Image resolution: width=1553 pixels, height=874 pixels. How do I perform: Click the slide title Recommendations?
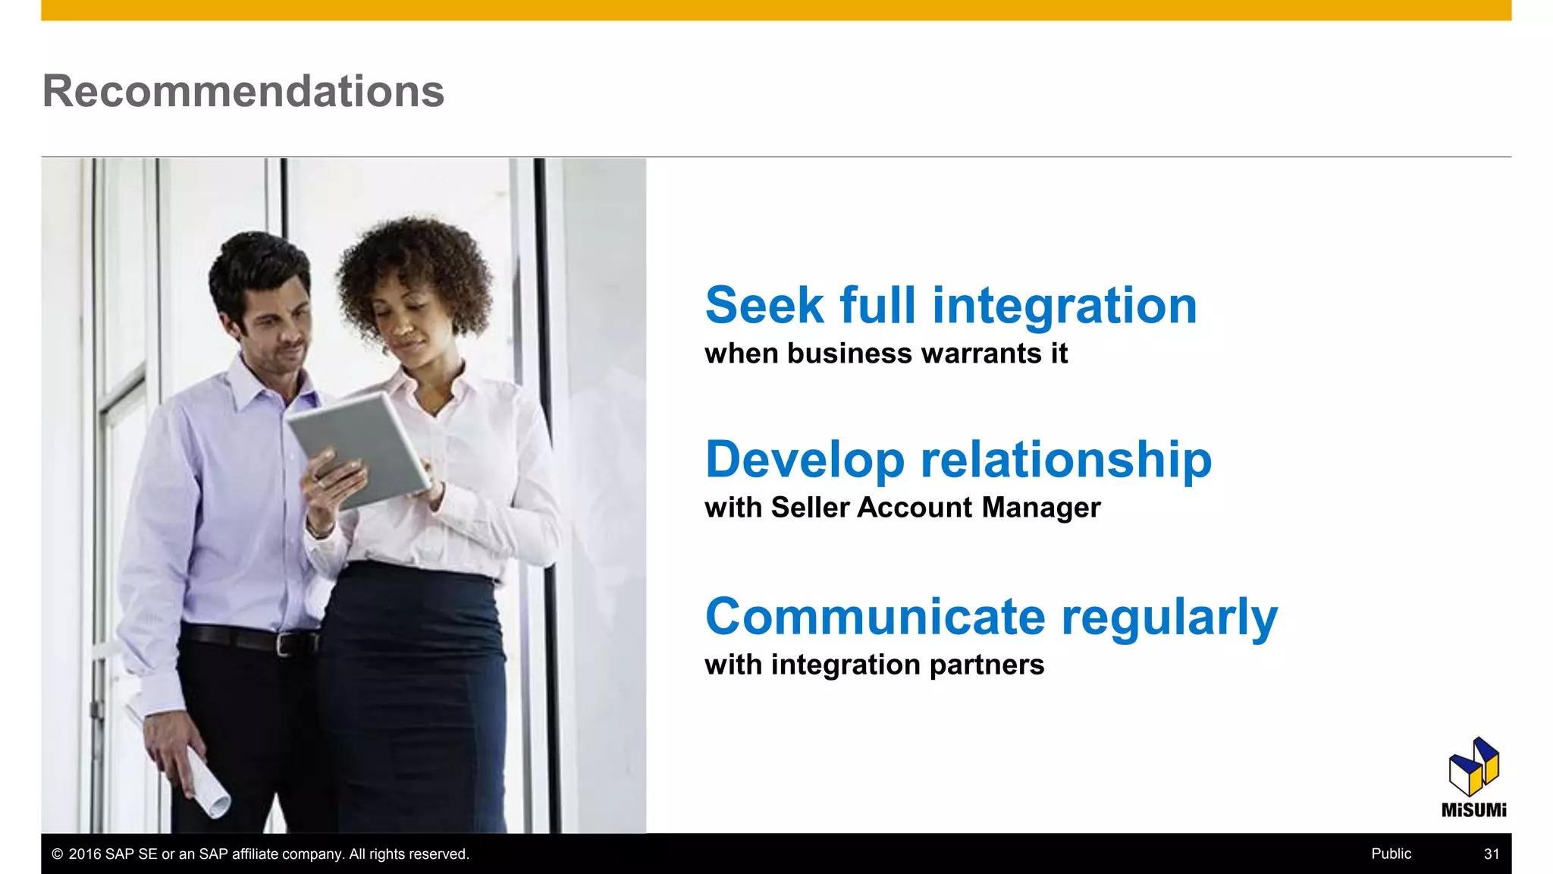pyautogui.click(x=243, y=91)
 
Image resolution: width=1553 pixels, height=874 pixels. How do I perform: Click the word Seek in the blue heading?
pyautogui.click(x=764, y=306)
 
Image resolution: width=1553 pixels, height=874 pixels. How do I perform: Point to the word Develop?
pyautogui.click(x=805, y=461)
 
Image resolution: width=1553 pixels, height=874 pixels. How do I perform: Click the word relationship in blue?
pyautogui.click(x=1065, y=461)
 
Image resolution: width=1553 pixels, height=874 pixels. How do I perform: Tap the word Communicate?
pyautogui.click(x=875, y=616)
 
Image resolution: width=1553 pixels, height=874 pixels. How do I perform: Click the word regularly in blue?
pyautogui.click(x=1169, y=618)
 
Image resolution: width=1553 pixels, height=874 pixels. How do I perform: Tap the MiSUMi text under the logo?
pyautogui.click(x=1473, y=810)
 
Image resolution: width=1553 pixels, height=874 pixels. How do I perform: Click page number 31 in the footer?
pyautogui.click(x=1491, y=854)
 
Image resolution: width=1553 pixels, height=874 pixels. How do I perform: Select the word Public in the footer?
pyautogui.click(x=1391, y=854)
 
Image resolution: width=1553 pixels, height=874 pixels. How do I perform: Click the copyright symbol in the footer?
pyautogui.click(x=57, y=854)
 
